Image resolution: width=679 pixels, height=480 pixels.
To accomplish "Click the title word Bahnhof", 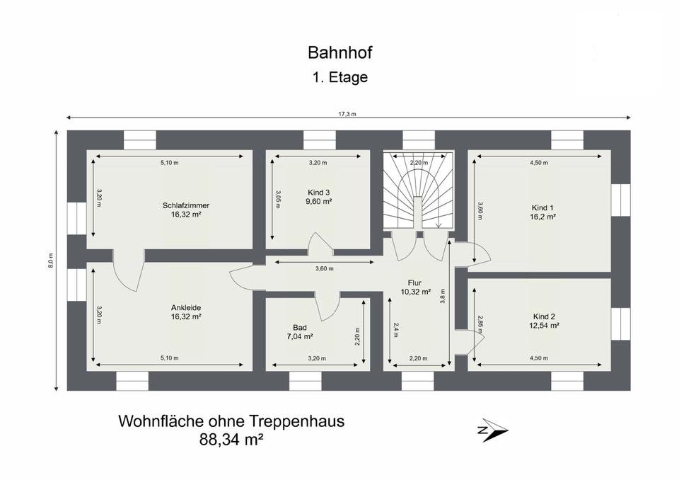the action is [x=340, y=52].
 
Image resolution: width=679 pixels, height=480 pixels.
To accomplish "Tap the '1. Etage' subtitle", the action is [x=340, y=77].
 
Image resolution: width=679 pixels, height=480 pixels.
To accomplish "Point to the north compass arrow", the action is [x=493, y=430].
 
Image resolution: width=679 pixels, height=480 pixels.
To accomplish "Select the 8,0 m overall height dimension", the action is [x=51, y=261].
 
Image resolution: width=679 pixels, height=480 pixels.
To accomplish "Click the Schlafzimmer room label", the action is [x=186, y=205].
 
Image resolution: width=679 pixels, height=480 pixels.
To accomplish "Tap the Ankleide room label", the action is [x=186, y=308].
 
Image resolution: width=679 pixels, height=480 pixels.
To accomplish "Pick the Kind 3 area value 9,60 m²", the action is [x=319, y=201].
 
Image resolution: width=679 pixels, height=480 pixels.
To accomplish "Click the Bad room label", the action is [x=300, y=327].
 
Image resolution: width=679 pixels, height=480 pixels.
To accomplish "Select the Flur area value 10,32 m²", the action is [x=416, y=292].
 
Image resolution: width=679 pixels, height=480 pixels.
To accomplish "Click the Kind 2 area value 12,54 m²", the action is [x=544, y=325].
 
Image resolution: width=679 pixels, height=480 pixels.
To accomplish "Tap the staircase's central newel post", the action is [x=417, y=212].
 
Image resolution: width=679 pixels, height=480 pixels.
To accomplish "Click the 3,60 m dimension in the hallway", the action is [x=325, y=268].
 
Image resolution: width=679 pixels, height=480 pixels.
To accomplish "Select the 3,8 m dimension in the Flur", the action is [x=443, y=296].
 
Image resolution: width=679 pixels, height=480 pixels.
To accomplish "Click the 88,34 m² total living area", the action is [x=231, y=440].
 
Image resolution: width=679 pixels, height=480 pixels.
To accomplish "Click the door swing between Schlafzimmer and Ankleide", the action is [x=128, y=270].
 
